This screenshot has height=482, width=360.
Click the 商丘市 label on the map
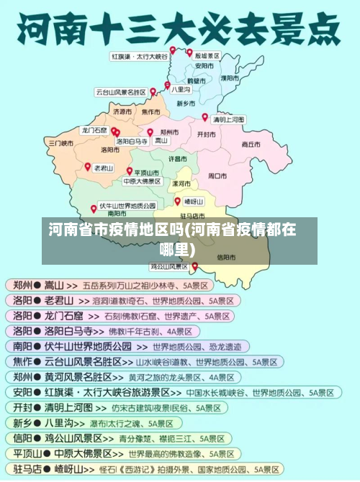(251, 144)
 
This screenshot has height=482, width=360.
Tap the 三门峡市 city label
(61, 143)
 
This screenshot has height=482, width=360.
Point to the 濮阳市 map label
(230, 77)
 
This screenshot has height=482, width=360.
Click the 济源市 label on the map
(122, 112)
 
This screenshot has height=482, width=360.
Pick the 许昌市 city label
(178, 158)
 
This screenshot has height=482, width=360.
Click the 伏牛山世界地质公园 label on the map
(127, 205)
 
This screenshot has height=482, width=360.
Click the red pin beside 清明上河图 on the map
(205, 117)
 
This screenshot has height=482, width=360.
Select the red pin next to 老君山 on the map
(88, 167)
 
